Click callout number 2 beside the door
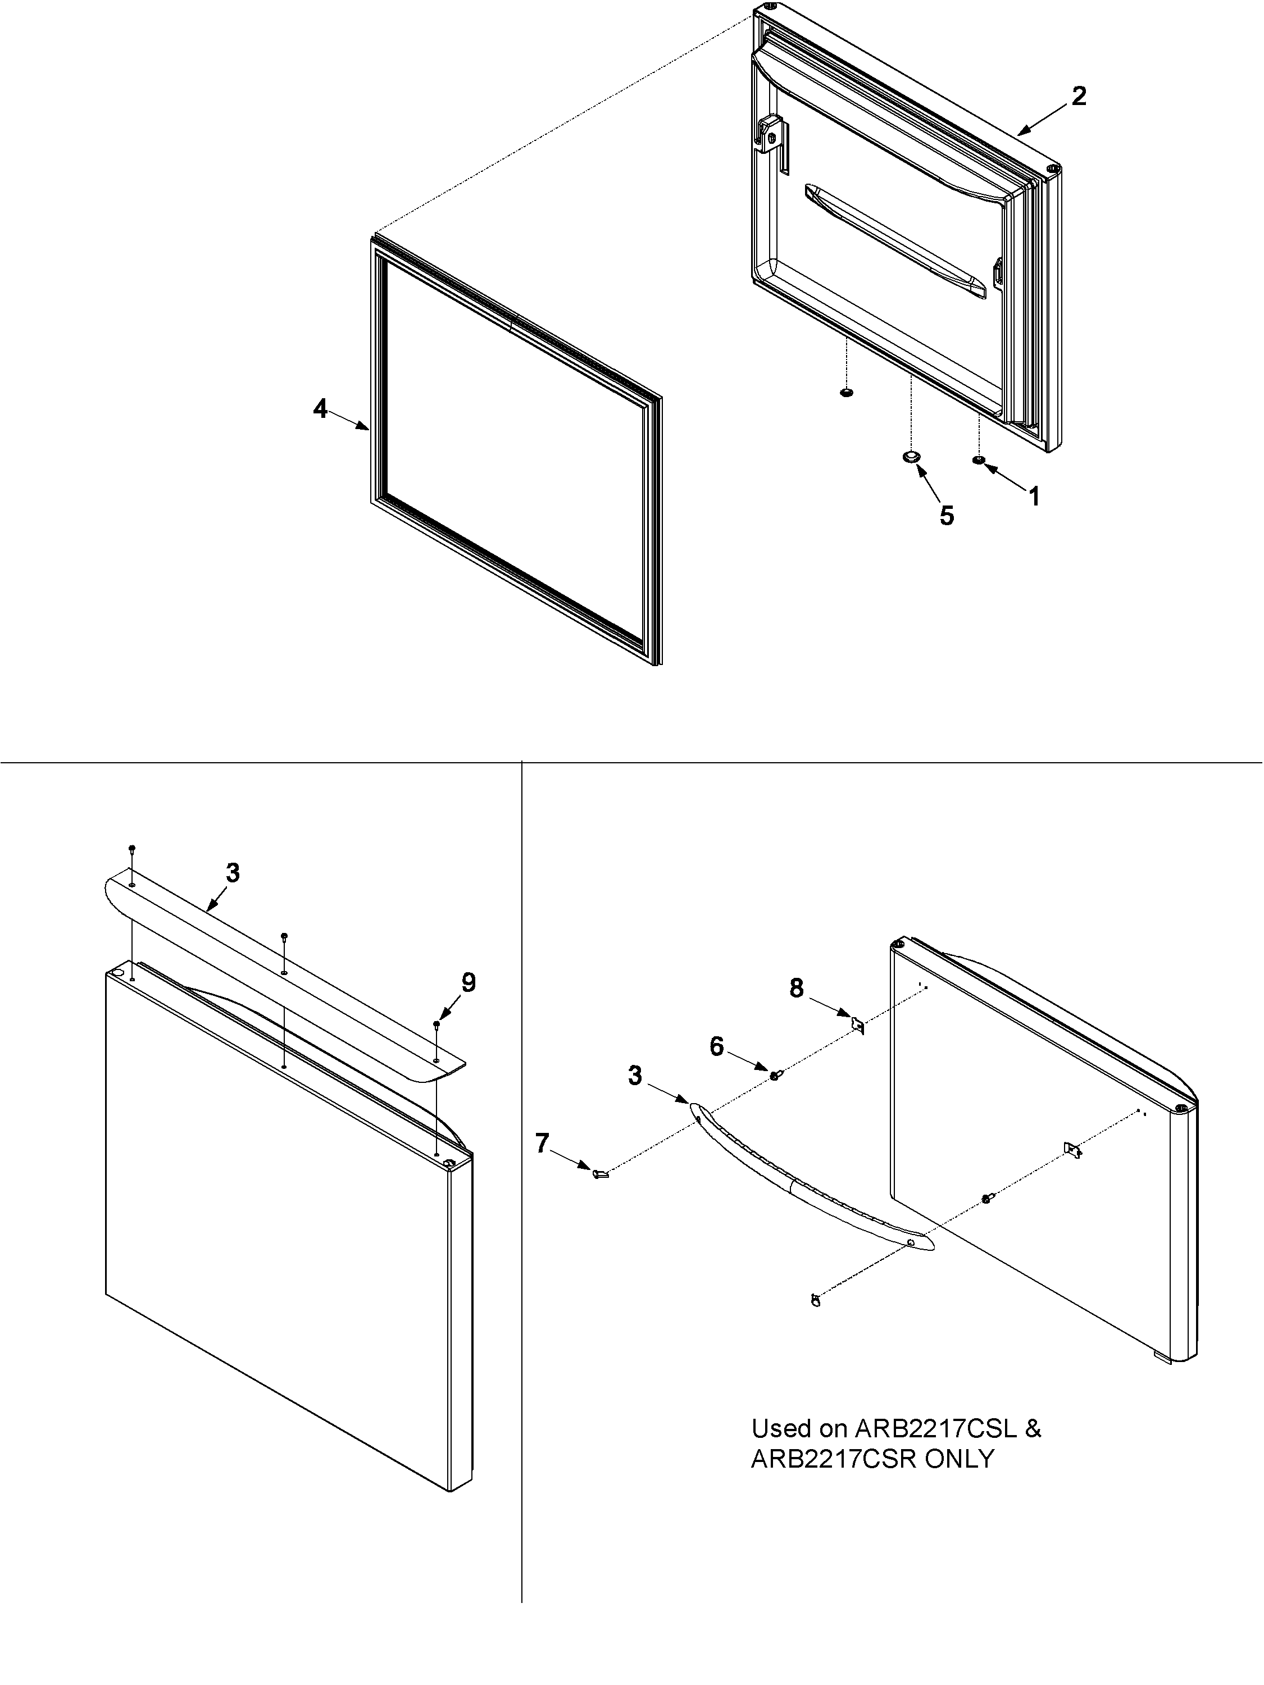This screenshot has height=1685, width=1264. [x=1078, y=96]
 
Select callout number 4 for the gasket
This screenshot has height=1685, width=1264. [x=320, y=409]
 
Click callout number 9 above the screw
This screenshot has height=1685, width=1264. [x=468, y=983]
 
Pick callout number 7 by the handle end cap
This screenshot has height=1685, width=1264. [x=542, y=1142]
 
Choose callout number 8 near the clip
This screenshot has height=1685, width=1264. [x=795, y=988]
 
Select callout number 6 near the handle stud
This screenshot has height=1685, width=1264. [x=716, y=1046]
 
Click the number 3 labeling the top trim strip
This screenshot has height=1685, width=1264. [x=233, y=873]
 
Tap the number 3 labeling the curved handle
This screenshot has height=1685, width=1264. [x=635, y=1076]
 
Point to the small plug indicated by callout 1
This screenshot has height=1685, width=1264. [x=978, y=460]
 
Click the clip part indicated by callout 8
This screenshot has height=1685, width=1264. [x=857, y=1025]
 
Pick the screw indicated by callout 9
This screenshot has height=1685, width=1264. [x=437, y=1024]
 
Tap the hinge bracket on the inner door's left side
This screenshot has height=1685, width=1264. [x=771, y=136]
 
